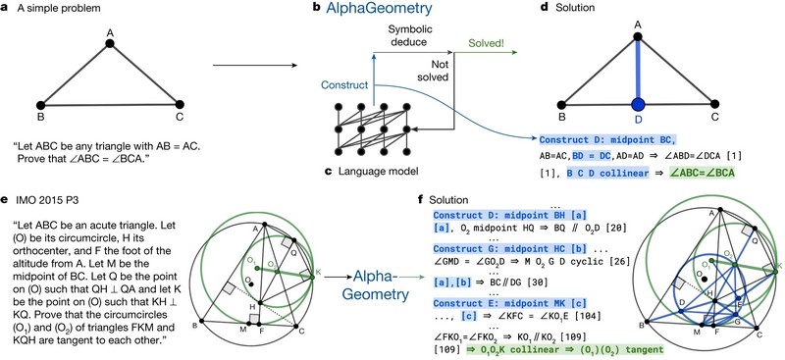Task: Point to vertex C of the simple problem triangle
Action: pyautogui.click(x=180, y=103)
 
